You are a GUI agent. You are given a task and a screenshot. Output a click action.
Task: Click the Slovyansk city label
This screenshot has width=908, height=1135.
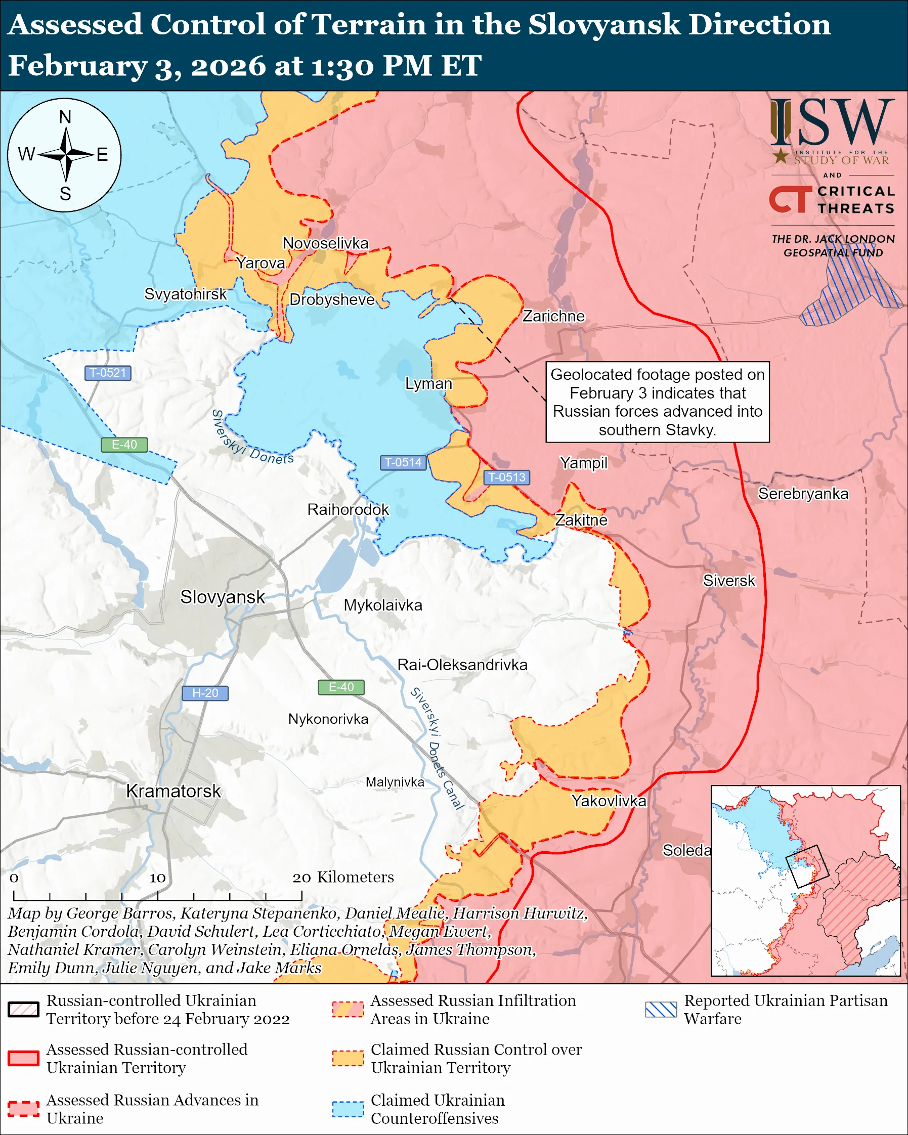(222, 597)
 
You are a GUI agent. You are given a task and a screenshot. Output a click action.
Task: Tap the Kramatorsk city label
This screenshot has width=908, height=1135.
(173, 791)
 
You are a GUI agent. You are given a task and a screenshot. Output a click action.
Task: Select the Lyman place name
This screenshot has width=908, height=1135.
(428, 384)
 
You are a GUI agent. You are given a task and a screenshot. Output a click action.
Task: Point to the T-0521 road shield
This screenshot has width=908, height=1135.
(108, 373)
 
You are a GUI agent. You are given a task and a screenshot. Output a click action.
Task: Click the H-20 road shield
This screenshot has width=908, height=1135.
(205, 693)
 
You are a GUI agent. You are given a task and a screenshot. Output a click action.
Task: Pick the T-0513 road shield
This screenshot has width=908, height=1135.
(506, 477)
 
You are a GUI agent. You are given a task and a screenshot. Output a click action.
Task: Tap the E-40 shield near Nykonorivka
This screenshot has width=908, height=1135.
(341, 687)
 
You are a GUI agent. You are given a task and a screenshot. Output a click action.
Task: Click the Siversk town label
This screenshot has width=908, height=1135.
(729, 581)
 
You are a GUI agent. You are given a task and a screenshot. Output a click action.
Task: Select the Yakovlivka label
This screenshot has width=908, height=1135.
(609, 801)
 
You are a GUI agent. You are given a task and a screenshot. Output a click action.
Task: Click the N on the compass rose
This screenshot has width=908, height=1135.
(65, 117)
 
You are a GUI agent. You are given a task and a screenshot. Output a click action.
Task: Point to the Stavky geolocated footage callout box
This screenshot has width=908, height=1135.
(658, 402)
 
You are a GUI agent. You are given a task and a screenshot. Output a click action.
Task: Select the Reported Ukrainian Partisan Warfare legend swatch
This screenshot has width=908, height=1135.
(661, 1009)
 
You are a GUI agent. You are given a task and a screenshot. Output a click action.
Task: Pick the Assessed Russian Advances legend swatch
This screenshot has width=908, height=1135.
(24, 1108)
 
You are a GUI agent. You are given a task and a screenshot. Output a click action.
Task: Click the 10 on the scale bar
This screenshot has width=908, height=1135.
(157, 878)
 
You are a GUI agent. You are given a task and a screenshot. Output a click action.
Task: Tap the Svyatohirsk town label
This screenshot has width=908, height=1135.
(185, 294)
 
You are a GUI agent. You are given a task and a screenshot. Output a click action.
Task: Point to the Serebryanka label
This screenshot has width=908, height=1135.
(803, 494)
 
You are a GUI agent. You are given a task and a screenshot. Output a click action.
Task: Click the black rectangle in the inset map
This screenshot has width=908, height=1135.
(807, 866)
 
